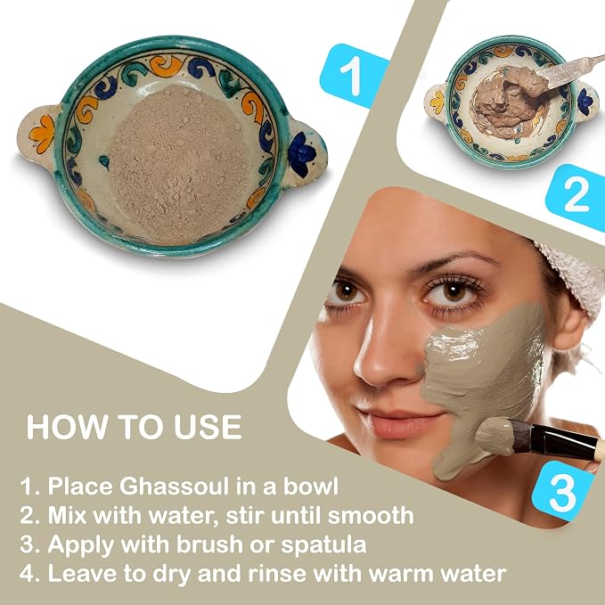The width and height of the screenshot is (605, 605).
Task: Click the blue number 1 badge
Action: pyautogui.click(x=355, y=76)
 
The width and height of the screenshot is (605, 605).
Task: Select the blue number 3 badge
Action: pyautogui.click(x=563, y=491)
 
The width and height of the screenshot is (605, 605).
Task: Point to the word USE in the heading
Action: pyautogui.click(x=208, y=427)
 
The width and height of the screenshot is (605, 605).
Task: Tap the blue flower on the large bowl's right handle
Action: pyautogui.click(x=302, y=153)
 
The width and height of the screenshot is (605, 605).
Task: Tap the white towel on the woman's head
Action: pyautogui.click(x=575, y=278)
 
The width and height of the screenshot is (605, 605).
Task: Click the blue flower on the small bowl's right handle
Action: pyautogui.click(x=585, y=102)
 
